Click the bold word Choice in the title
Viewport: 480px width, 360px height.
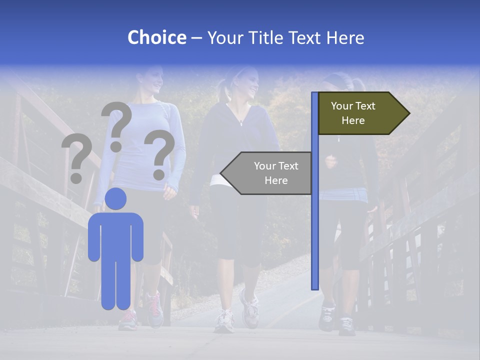[156, 37]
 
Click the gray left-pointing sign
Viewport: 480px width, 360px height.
[270, 173]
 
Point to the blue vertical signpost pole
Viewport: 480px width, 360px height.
[315, 200]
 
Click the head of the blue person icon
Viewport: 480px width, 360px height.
[115, 198]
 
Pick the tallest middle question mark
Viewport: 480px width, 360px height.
[116, 125]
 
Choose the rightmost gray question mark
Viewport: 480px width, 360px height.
[159, 154]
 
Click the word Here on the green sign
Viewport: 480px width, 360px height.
[353, 120]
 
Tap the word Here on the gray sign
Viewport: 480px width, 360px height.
[276, 180]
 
